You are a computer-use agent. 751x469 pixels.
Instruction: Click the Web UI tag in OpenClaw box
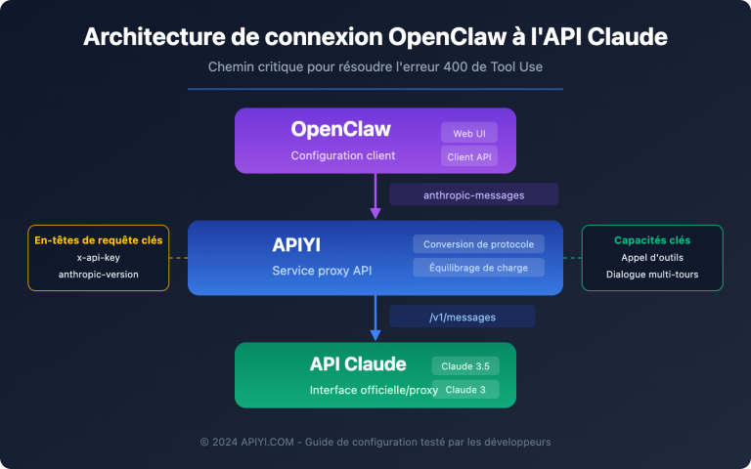(469, 132)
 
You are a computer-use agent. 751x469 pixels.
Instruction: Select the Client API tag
(469, 155)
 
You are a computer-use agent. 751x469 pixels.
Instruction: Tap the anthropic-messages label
(473, 194)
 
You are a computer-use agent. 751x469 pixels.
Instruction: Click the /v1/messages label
(462, 317)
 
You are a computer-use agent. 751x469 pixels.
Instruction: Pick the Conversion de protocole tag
(477, 244)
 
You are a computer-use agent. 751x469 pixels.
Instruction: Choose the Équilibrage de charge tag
(477, 268)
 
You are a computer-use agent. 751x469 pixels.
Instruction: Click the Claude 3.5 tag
(465, 365)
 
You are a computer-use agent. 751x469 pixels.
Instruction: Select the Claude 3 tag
(465, 389)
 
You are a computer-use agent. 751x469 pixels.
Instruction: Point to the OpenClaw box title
(340, 130)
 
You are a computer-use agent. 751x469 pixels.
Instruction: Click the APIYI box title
(302, 244)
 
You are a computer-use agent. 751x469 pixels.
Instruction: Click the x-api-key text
(98, 257)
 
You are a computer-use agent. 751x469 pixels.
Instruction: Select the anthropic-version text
(98, 275)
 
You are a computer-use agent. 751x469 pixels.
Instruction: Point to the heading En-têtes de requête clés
(98, 239)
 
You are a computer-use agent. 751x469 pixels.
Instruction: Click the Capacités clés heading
(652, 239)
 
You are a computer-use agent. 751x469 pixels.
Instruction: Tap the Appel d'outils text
(652, 257)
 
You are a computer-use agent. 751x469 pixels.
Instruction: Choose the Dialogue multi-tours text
(652, 275)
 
